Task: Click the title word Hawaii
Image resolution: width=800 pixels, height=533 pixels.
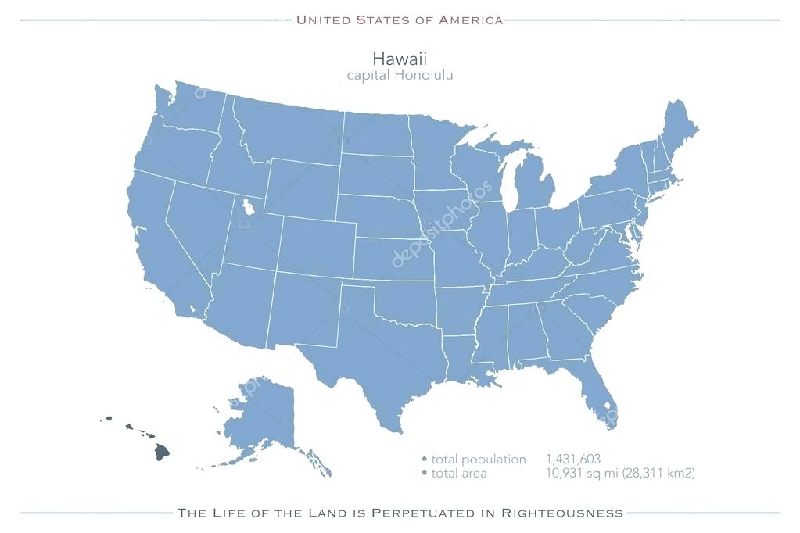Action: [400, 59]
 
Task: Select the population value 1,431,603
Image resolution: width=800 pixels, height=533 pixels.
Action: [573, 460]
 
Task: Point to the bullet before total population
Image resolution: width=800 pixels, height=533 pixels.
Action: [425, 460]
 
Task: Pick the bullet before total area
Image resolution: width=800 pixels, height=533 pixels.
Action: [425, 473]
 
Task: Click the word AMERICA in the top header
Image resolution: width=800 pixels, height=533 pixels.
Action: [471, 20]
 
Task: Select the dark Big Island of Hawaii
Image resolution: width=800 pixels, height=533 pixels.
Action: [161, 452]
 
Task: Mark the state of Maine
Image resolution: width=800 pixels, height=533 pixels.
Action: [677, 129]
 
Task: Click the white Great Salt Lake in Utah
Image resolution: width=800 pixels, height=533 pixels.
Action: [249, 208]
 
